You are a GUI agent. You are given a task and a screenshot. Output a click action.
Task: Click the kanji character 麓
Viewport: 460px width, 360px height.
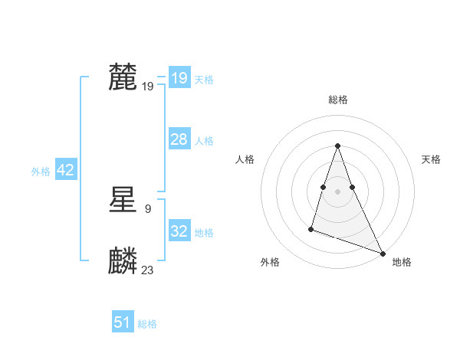123,77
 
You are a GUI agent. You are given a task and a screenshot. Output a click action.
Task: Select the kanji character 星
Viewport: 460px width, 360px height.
123,201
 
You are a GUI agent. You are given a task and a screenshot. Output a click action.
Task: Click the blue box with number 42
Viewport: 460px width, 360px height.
65,170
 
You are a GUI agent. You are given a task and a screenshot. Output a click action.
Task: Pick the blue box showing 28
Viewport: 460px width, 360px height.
179,139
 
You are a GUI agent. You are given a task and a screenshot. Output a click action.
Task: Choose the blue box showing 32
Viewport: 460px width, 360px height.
179,231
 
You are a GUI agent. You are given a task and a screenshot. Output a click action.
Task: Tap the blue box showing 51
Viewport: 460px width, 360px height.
123,322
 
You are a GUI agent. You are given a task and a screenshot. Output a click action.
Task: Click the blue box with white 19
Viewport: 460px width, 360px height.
179,78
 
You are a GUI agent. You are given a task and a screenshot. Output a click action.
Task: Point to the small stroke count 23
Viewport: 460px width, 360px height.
148,270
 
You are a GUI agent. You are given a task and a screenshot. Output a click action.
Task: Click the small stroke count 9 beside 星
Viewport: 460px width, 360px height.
147,208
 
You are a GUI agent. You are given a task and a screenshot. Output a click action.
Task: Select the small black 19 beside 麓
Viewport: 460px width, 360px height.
148,86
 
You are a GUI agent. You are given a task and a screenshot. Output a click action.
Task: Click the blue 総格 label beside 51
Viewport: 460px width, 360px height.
147,324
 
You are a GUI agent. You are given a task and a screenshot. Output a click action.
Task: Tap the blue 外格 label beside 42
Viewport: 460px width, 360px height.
41,172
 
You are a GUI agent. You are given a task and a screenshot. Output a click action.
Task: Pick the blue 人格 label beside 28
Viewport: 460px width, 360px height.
204,141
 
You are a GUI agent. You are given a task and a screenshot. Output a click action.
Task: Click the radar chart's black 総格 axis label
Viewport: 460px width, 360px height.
337,100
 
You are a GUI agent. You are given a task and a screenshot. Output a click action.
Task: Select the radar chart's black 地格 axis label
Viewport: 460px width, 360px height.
402,262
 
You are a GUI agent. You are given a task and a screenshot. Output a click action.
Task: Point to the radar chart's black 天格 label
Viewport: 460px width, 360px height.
431,159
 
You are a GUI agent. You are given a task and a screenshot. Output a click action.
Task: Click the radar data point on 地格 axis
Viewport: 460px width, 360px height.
383,253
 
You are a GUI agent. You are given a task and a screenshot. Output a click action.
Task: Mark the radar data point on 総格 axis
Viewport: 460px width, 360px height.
337,146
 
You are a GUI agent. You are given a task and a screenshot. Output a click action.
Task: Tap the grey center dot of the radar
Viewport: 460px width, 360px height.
337,191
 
